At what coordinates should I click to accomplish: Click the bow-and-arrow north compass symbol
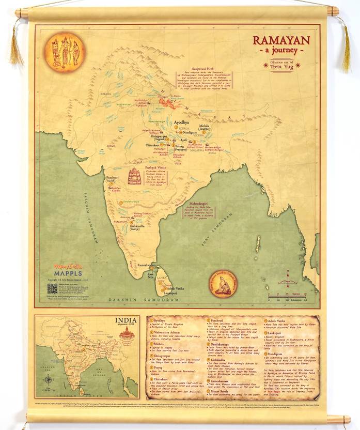288,282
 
